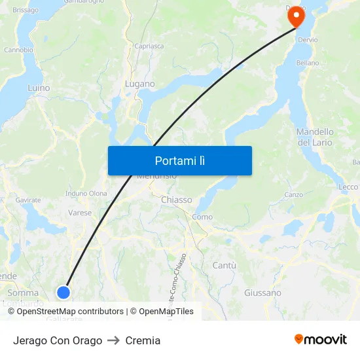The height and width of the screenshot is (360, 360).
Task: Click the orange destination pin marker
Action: click(x=297, y=16)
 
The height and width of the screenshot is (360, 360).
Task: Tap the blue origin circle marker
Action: click(x=63, y=292)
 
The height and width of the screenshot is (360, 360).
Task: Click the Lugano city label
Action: click(x=140, y=84)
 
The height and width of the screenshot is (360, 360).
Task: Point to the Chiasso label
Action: click(x=176, y=200)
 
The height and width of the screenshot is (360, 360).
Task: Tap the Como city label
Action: click(x=202, y=217)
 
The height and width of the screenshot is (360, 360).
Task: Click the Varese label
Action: click(x=80, y=213)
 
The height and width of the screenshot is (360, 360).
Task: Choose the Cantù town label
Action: click(x=225, y=265)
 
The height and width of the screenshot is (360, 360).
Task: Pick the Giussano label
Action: click(x=262, y=293)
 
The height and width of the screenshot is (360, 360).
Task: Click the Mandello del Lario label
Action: click(x=315, y=137)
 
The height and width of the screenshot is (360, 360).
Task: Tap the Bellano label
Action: click(x=308, y=63)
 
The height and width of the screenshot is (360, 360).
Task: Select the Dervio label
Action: click(x=308, y=40)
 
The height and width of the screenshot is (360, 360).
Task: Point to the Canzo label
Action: click(x=294, y=195)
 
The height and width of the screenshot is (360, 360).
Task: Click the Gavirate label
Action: click(x=28, y=200)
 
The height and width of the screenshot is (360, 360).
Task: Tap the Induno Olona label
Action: click(x=86, y=194)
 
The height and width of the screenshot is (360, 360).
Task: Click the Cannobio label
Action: click(x=18, y=50)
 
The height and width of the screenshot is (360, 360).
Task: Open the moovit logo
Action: click(x=321, y=339)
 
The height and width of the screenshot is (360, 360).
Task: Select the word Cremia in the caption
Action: click(x=143, y=340)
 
